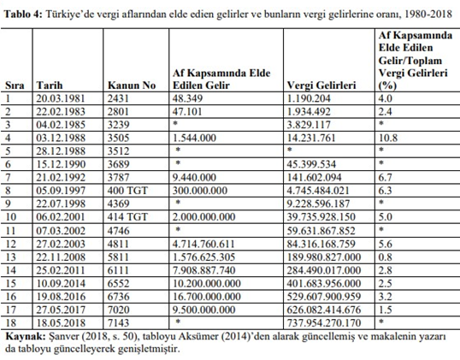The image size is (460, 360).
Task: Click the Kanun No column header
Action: point(132,86)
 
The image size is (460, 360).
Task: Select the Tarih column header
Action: point(50,86)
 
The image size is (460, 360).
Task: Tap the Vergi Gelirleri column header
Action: point(321,86)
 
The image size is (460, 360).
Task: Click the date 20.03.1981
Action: point(61,98)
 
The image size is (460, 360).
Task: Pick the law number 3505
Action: point(118,138)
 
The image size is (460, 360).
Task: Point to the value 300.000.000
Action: point(200,191)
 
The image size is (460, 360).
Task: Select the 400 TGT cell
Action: point(127,191)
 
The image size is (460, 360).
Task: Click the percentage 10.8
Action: point(388,138)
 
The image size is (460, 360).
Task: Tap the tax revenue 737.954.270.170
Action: point(323,323)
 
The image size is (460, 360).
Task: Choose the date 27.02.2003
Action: point(61,244)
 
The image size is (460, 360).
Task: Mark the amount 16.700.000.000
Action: point(207,297)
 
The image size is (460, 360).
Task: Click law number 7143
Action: point(118,323)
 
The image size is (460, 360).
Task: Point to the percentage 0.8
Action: point(386,257)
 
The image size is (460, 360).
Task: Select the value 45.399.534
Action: point(311,164)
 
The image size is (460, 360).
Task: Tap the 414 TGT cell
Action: point(127,217)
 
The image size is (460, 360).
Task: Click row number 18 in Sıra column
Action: point(10,323)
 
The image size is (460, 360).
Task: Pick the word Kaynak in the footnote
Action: point(26,336)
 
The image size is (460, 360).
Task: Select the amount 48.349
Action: point(187,98)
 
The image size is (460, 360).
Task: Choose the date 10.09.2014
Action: point(61,283)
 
